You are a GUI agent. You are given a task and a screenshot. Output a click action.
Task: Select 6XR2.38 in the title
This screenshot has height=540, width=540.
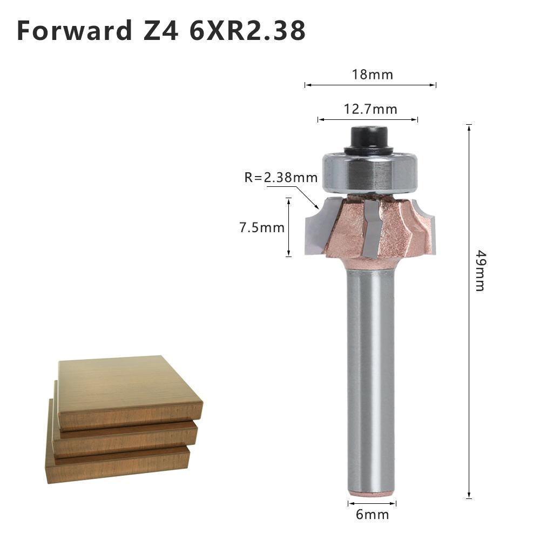[x=247, y=31]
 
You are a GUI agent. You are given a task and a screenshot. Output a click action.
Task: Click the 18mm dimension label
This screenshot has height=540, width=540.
[x=373, y=74]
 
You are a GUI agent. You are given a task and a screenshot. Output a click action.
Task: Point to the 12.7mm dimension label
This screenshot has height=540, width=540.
[x=370, y=110]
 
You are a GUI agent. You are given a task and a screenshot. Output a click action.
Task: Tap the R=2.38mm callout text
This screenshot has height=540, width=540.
[x=281, y=177]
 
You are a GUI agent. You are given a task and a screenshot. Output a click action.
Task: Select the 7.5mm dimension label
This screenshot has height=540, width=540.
[x=262, y=227]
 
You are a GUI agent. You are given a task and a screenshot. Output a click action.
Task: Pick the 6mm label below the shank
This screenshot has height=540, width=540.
[x=372, y=515]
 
